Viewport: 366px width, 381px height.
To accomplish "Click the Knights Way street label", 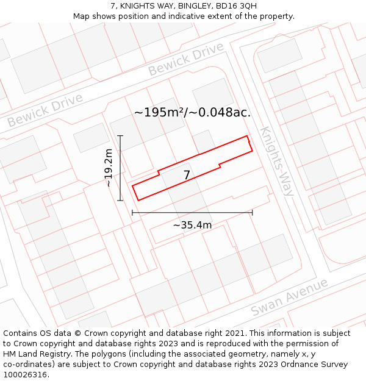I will [277, 161].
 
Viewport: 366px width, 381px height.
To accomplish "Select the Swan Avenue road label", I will [290, 297].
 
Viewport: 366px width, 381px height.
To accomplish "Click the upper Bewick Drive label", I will [186, 59].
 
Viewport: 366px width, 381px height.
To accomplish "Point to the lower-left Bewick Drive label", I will [45, 110].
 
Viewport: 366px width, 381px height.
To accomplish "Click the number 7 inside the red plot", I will [187, 176].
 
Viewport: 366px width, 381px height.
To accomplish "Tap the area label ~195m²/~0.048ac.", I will [192, 112].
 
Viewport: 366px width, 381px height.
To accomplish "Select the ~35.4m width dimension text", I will [192, 225].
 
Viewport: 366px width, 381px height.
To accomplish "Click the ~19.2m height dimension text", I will [109, 168].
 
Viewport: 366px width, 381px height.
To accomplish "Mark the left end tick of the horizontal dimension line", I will [132, 213].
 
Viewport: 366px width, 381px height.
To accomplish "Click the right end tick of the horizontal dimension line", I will [252, 213].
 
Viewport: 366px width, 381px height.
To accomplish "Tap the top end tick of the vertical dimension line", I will [120, 136].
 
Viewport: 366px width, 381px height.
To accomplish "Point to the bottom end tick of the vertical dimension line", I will [120, 200].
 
